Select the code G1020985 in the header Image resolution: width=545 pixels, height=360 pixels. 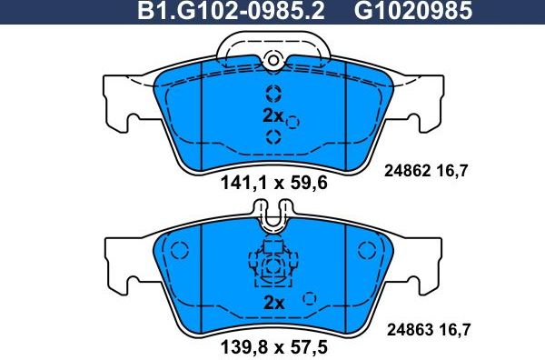point(400,11)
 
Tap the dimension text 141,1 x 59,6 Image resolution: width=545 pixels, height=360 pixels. point(273,182)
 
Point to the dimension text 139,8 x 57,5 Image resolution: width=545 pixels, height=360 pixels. point(273,348)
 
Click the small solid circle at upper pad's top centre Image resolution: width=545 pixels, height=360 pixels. point(272,60)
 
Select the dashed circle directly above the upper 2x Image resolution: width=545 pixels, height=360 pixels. point(272,93)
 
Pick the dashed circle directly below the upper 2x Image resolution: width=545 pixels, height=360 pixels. point(272,137)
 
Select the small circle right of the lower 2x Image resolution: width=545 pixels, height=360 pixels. point(310,298)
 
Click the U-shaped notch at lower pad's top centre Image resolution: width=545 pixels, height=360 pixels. point(272,219)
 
